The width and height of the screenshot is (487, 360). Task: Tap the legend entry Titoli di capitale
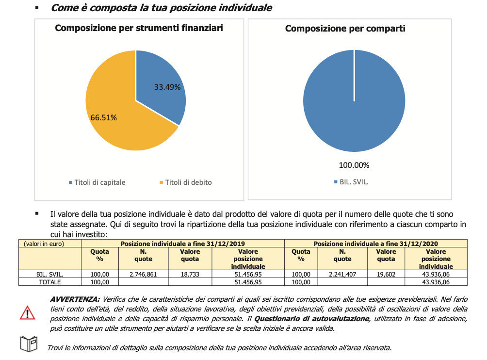point(97,182)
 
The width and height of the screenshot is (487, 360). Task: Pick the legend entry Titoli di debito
point(186,182)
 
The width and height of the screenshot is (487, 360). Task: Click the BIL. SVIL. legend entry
point(351,182)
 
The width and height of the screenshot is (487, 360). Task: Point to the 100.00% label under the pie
point(354,165)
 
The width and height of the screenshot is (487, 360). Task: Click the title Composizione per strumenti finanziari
point(139,28)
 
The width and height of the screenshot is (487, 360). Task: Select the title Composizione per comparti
point(345,29)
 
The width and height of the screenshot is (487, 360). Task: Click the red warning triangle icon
point(27,313)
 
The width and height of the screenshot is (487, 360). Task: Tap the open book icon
point(29,344)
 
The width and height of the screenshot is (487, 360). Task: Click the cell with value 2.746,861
point(143,274)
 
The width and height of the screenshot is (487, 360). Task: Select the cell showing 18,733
point(190,274)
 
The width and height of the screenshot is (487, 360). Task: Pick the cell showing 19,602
point(386,274)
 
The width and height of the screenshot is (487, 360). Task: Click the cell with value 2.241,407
point(342,274)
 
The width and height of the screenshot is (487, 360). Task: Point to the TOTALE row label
point(49,282)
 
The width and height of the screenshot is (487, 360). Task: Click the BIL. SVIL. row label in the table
point(49,274)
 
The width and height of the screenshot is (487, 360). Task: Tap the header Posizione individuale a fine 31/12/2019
point(182,244)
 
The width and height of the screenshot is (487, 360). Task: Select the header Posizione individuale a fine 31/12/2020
point(376,244)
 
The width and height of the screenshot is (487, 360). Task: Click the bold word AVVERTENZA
point(75,299)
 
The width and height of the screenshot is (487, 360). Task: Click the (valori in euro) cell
point(44,244)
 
